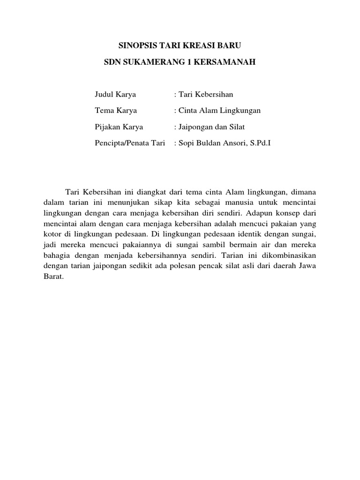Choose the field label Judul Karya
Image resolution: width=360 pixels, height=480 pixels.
tap(115, 94)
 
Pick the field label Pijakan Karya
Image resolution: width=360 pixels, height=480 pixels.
tap(119, 127)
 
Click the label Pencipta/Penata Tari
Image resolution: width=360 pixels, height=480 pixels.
tap(130, 143)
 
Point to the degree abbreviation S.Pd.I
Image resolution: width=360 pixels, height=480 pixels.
tap(259, 143)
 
